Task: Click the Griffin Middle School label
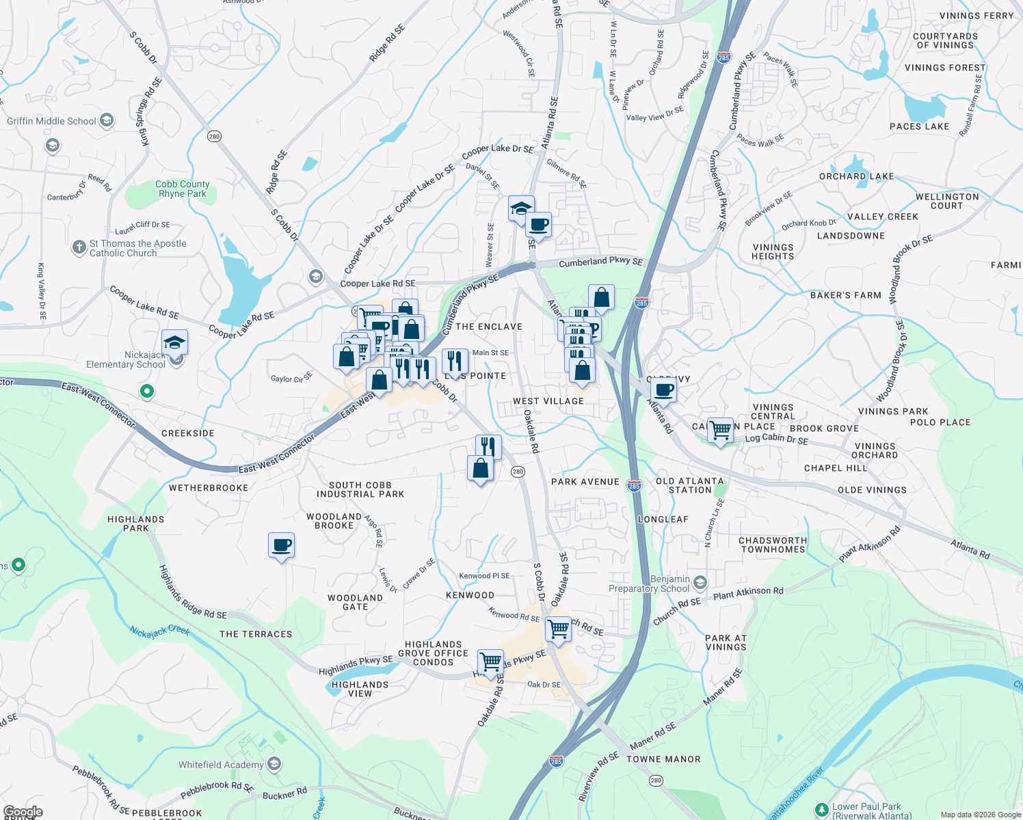coord(51,121)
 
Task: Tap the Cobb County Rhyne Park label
coord(182,189)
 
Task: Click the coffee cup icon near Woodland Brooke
coord(282,546)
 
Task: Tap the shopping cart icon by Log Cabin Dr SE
coord(720,430)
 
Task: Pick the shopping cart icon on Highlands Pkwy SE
coord(490,662)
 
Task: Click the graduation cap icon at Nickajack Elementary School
coord(175,342)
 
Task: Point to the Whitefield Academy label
coord(221,765)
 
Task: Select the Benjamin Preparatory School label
coord(649,584)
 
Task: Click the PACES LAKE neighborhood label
coord(919,126)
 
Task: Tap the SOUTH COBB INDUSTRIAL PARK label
coord(360,489)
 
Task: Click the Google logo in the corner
coord(23,812)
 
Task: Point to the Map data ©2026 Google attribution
coord(980,815)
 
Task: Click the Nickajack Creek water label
coord(159,631)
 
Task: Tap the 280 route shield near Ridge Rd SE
coord(214,137)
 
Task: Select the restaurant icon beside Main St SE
coord(455,361)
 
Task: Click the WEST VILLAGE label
coord(548,401)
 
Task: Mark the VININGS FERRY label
coord(976,16)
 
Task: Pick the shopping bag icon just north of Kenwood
coord(481,469)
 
